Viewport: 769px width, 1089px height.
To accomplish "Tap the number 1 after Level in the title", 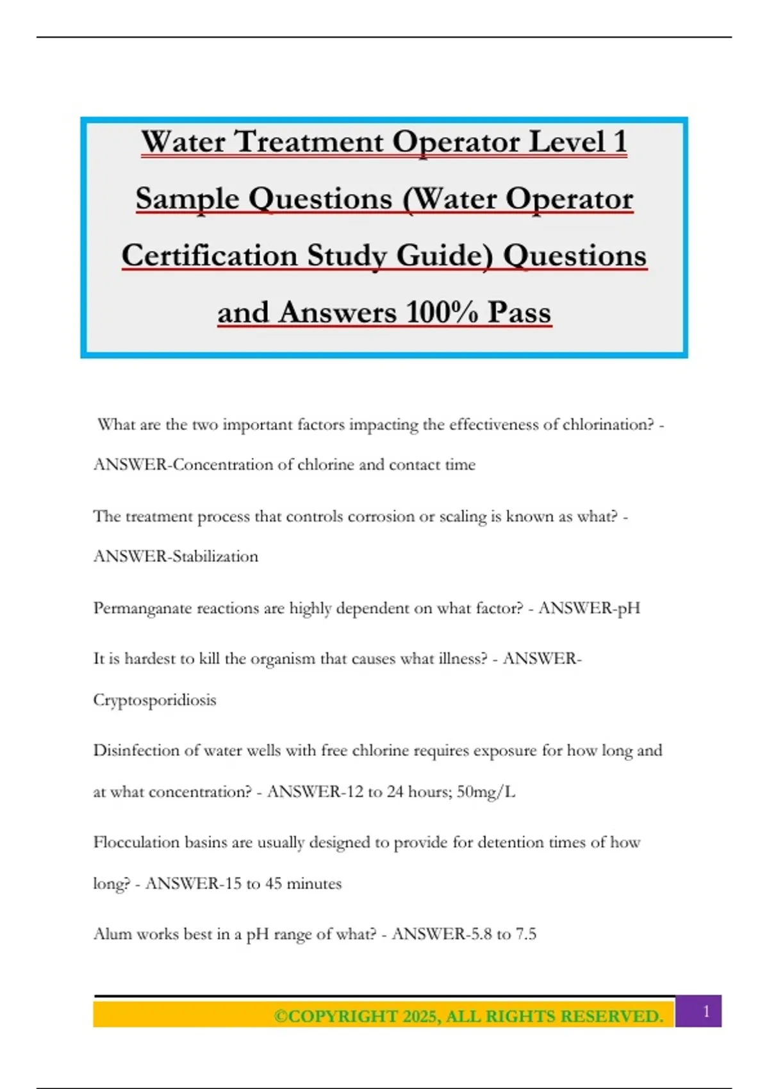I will click(x=619, y=142).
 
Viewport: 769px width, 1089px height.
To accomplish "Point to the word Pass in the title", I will click(x=519, y=313).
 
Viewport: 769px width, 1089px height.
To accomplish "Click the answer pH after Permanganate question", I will click(x=628, y=608).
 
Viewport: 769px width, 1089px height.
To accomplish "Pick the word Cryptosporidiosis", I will click(x=154, y=700).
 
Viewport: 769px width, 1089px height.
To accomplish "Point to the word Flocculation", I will click(x=136, y=842).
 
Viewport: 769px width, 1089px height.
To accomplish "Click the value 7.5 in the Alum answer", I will click(x=525, y=934).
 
